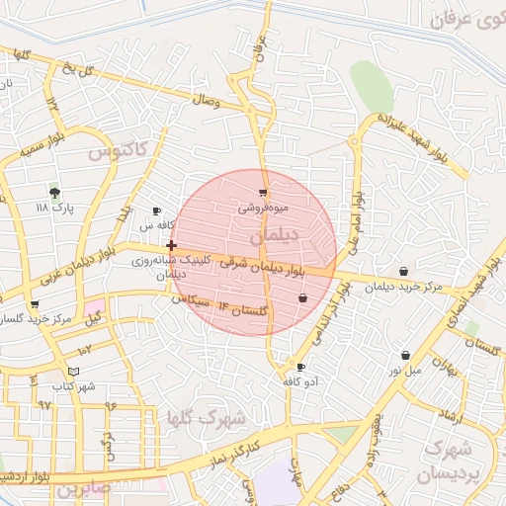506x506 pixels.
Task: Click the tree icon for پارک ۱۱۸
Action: click(x=54, y=193)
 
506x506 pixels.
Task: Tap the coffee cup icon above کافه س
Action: click(x=156, y=211)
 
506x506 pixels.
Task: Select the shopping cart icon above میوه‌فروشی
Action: click(x=262, y=194)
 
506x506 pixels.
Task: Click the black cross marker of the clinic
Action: click(x=172, y=245)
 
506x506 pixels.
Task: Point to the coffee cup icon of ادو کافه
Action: click(x=300, y=367)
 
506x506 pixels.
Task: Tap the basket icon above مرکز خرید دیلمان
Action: click(x=404, y=272)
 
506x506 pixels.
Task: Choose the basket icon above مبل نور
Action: click(x=405, y=355)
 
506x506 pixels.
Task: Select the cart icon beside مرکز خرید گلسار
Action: click(x=35, y=304)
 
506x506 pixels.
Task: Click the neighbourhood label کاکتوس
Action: click(x=117, y=151)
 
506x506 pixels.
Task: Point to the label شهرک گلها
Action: click(x=208, y=418)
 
